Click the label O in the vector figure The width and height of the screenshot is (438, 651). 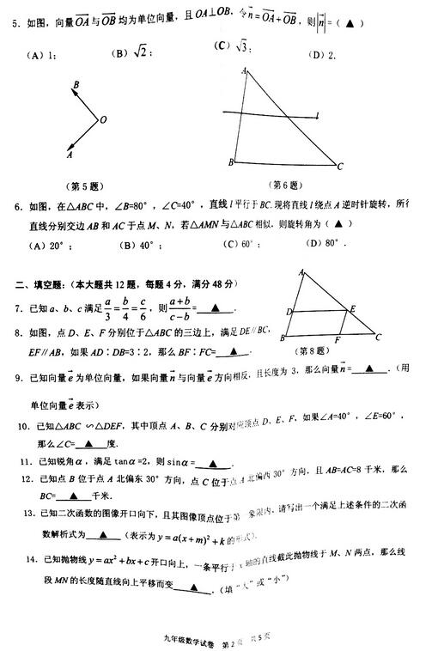coord(103,121)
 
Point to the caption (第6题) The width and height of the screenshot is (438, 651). coord(284,185)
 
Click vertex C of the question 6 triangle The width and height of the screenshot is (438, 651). coord(341,166)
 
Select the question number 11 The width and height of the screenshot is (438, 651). coord(27,461)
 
